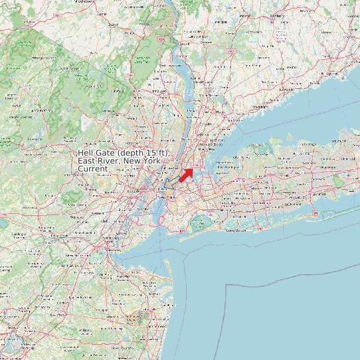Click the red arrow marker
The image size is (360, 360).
185,175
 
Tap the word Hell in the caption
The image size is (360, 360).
86,153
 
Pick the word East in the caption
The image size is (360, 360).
87,161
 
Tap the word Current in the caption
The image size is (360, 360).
93,169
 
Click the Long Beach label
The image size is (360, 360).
236,230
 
